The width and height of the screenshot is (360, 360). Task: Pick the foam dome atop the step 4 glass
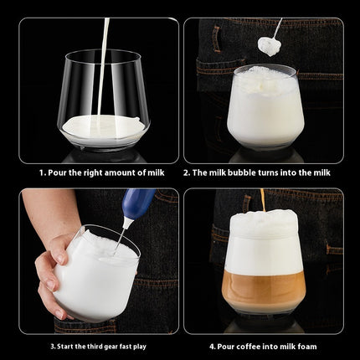(263, 224)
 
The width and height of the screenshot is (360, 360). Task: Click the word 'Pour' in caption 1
(58, 172)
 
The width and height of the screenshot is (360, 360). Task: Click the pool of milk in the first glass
(103, 126)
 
